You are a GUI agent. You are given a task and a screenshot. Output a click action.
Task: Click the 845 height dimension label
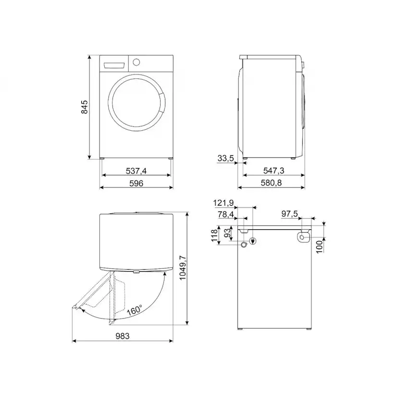(x=85, y=107)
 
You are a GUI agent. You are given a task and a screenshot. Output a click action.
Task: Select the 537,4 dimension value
(x=136, y=170)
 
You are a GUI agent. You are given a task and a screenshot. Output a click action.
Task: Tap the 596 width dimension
(x=136, y=183)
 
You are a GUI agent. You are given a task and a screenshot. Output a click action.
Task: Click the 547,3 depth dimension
(x=274, y=171)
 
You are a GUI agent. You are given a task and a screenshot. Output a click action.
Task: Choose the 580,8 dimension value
(x=274, y=183)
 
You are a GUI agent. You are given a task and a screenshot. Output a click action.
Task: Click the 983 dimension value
(x=123, y=336)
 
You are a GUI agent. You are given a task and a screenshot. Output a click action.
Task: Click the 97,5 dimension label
(x=290, y=214)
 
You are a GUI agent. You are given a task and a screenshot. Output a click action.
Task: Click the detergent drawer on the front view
(x=114, y=64)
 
